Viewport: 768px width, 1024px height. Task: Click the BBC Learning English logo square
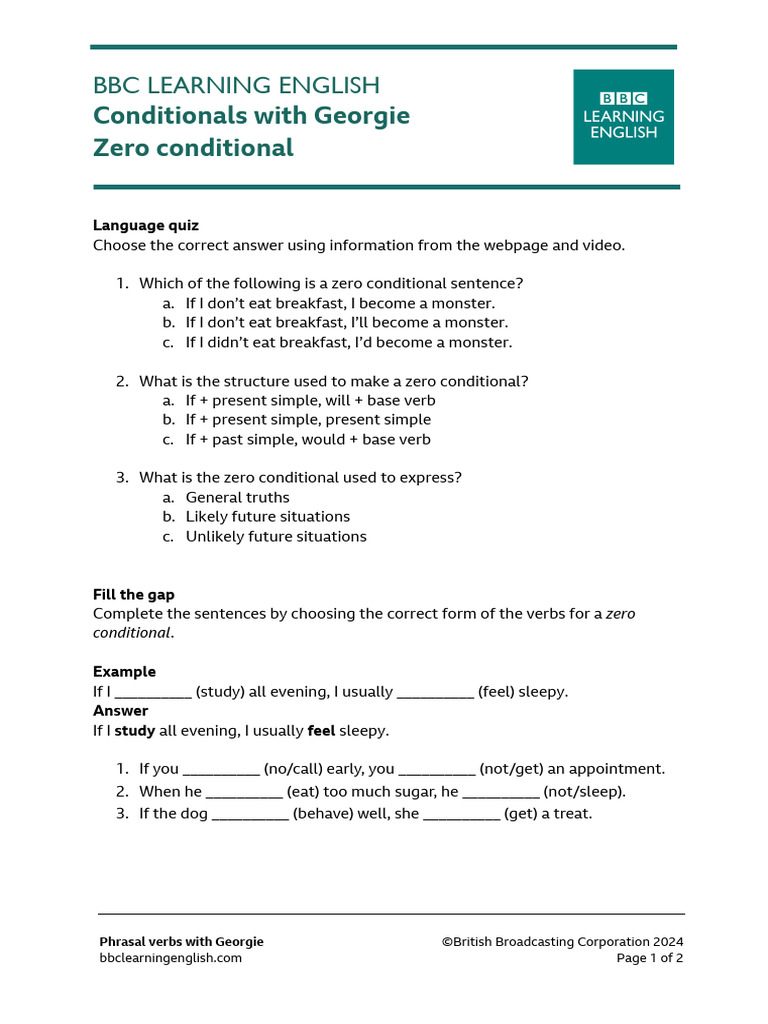coord(623,116)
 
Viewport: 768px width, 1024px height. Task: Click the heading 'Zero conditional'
coord(193,148)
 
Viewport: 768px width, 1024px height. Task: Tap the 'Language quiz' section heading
coord(146,226)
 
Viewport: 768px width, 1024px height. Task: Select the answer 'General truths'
coord(237,498)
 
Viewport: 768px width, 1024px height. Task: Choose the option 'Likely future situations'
coord(267,517)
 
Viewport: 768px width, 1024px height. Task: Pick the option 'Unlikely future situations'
coord(276,537)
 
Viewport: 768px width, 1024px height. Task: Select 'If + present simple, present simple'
coord(308,420)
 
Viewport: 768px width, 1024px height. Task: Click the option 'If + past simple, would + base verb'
coord(308,440)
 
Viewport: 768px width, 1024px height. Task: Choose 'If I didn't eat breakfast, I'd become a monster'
coord(348,343)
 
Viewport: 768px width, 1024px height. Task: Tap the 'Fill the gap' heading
coord(134,595)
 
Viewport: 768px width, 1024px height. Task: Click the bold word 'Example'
coord(124,672)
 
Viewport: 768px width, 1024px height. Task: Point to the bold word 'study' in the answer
coord(134,731)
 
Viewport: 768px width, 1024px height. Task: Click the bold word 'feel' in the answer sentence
coord(320,731)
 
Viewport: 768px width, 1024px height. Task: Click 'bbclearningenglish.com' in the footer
coord(170,958)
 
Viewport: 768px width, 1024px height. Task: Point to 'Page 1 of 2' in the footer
coord(650,958)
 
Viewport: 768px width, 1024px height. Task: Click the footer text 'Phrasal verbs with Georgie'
coord(181,942)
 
